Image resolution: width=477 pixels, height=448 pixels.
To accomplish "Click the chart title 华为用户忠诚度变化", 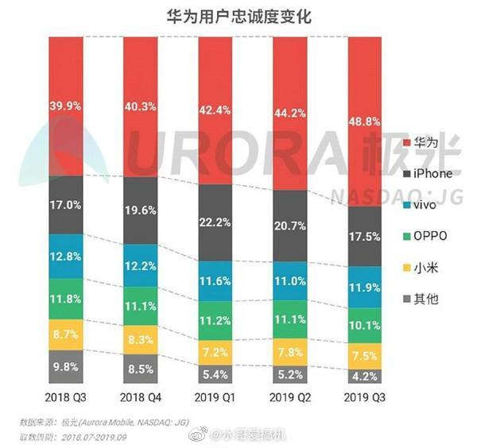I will click(238, 14).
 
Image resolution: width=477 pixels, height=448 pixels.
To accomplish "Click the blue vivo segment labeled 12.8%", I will click(65, 256).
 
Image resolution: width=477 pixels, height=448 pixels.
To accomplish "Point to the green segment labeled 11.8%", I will click(65, 299).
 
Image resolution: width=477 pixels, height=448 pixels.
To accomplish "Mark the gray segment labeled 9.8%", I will click(65, 367).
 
